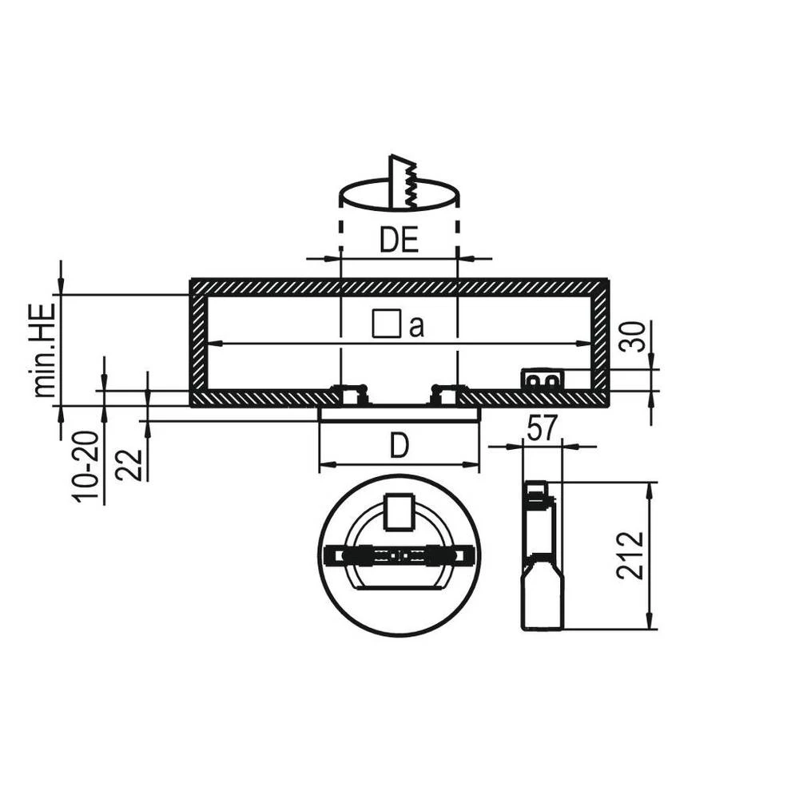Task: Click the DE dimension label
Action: pyautogui.click(x=399, y=240)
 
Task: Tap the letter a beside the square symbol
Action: pyautogui.click(x=416, y=327)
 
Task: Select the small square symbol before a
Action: pyautogui.click(x=386, y=324)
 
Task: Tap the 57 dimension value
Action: pyautogui.click(x=543, y=430)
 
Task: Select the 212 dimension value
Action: pyautogui.click(x=630, y=555)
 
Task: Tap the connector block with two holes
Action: pyautogui.click(x=543, y=380)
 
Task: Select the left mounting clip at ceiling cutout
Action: pyautogui.click(x=350, y=394)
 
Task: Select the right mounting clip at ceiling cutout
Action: pyautogui.click(x=446, y=394)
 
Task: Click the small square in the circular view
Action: pyautogui.click(x=399, y=512)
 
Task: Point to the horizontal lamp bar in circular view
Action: pyautogui.click(x=399, y=554)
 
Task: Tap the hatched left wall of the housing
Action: pyautogui.click(x=198, y=344)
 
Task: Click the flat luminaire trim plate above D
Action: pyautogui.click(x=399, y=413)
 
